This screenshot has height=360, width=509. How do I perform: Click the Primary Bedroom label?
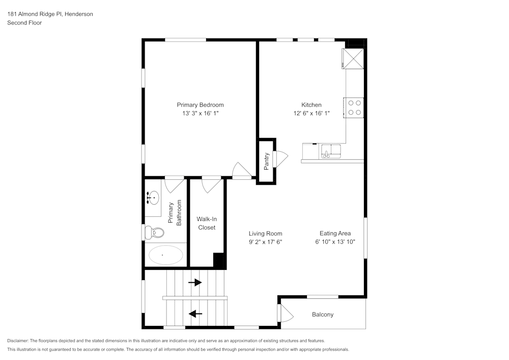[x=200, y=105]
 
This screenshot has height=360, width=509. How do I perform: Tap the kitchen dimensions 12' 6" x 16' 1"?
[x=311, y=114]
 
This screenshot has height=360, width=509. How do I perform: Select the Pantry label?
[x=266, y=160]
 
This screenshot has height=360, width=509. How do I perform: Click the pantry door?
[x=280, y=159]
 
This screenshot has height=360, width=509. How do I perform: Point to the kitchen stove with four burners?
[x=354, y=107]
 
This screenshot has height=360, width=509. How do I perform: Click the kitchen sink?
[x=331, y=151]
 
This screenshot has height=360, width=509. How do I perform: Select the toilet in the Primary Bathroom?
[x=155, y=233]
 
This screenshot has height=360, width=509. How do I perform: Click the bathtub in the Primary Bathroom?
[x=165, y=255]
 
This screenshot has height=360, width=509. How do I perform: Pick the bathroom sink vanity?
[x=152, y=197]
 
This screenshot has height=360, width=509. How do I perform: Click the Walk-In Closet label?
[x=206, y=223]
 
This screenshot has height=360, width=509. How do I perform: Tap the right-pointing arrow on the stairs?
[x=195, y=282]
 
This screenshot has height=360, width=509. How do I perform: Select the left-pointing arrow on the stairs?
[x=195, y=314]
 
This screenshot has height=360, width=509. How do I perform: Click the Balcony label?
[x=323, y=315]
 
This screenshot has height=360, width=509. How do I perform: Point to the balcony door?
[x=286, y=313]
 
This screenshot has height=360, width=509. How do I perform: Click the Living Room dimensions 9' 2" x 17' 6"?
[x=262, y=242]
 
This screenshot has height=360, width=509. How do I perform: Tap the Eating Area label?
[x=335, y=233]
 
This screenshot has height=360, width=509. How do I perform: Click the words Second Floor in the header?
[x=24, y=23]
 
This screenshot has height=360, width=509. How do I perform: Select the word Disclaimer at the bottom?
[x=18, y=341]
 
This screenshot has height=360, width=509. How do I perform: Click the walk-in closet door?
[x=211, y=184]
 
